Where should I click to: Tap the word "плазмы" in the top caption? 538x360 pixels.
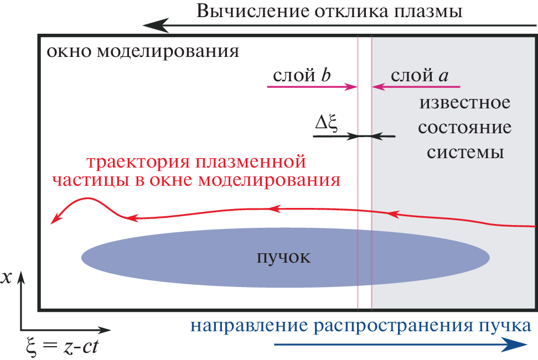point(428,11)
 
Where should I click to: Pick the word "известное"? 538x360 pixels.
point(464,103)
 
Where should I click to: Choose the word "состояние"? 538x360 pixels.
point(464,128)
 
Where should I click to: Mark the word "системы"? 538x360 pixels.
point(464,152)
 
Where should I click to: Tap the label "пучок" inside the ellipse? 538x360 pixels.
point(284,257)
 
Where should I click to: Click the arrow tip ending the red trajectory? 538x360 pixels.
point(53,222)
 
